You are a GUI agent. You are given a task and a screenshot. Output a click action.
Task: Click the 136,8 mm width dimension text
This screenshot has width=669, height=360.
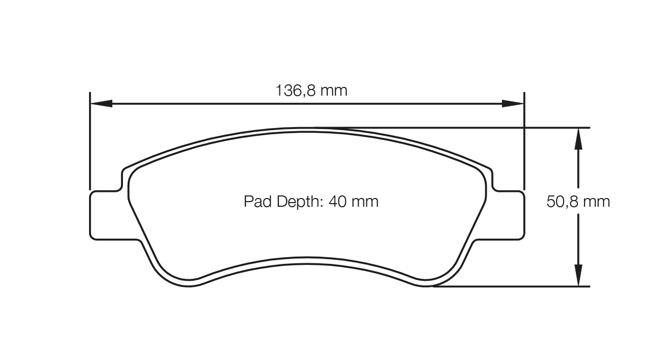[311, 90]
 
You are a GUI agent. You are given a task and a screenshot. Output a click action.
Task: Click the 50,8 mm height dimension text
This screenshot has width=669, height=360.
[578, 202]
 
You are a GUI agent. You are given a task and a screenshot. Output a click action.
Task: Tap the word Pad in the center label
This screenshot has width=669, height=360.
[258, 202]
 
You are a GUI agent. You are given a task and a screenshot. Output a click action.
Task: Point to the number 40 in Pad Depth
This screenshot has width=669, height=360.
[338, 202]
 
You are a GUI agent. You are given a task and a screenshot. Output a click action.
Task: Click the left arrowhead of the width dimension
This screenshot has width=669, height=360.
[101, 103]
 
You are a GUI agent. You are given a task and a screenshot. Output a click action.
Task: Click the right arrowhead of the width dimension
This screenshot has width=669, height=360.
[513, 103]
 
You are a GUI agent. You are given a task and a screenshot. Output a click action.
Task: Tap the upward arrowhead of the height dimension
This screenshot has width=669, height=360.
[578, 138]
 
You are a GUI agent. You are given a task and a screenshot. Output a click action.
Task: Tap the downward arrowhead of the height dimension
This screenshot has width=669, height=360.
[578, 275]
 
